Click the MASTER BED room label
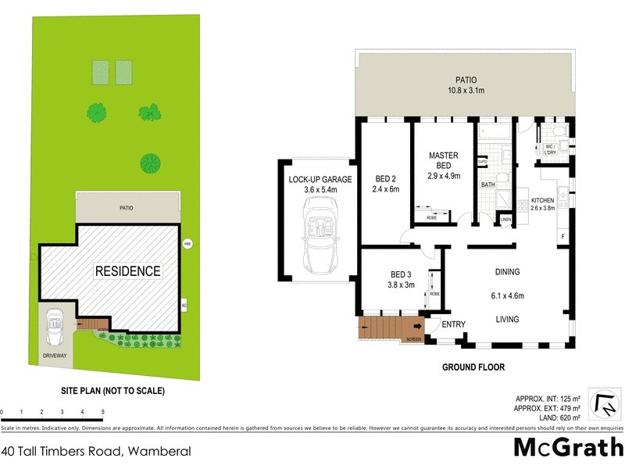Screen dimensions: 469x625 pos(444,160)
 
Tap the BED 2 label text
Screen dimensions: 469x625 pos(386,177)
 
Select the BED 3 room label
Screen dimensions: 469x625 pos(401,274)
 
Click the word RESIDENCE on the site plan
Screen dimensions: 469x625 pos(127,271)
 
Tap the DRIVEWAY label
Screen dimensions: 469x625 pos(55,356)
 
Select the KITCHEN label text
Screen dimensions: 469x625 pos(542,201)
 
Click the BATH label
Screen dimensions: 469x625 pos(488,185)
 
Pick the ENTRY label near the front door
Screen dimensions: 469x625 pos(453,324)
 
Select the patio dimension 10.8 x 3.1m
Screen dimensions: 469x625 pos(468,91)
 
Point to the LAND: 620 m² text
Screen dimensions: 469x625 pos(549,418)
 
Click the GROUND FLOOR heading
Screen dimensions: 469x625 pos(473,367)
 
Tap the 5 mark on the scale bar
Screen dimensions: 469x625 pos(102,411)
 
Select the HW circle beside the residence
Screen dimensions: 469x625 pos(187,243)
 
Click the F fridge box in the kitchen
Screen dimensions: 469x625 pos(561,236)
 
